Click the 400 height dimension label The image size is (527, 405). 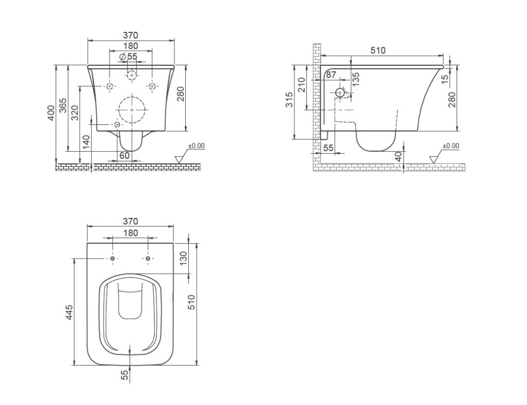tap(50, 113)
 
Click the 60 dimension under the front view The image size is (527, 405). tap(125, 155)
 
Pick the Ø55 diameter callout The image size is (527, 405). tap(128, 56)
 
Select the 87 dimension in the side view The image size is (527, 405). tap(330, 75)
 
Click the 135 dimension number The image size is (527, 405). tap(356, 78)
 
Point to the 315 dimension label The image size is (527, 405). tap(290, 99)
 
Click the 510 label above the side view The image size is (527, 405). tap(378, 50)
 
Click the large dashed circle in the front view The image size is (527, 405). tap(132, 110)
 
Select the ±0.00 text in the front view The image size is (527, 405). tap(196, 146)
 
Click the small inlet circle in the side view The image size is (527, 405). tap(340, 93)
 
